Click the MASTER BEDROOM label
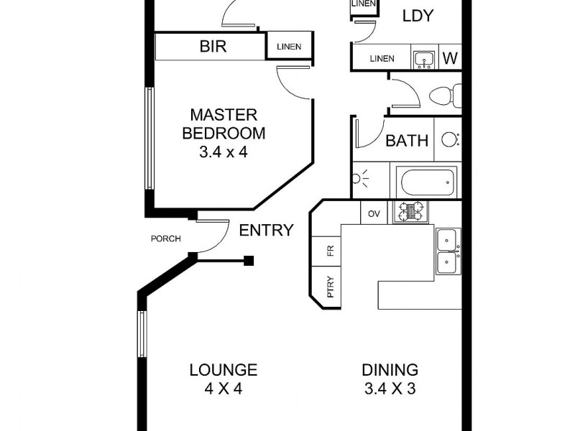(x=224, y=124)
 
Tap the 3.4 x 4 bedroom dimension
(x=224, y=152)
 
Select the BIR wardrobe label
(x=212, y=47)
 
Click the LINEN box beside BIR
(x=290, y=48)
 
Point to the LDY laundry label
(x=418, y=16)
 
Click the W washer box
(x=450, y=58)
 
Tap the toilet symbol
(x=443, y=94)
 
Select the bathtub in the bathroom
(x=428, y=181)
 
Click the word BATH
(x=407, y=141)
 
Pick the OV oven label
(x=374, y=213)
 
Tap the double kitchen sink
(x=448, y=251)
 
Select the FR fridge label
(x=331, y=251)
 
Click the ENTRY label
(x=266, y=231)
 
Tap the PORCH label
(x=165, y=239)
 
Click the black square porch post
(x=249, y=261)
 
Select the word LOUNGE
(x=224, y=371)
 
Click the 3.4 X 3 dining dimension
(x=390, y=390)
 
